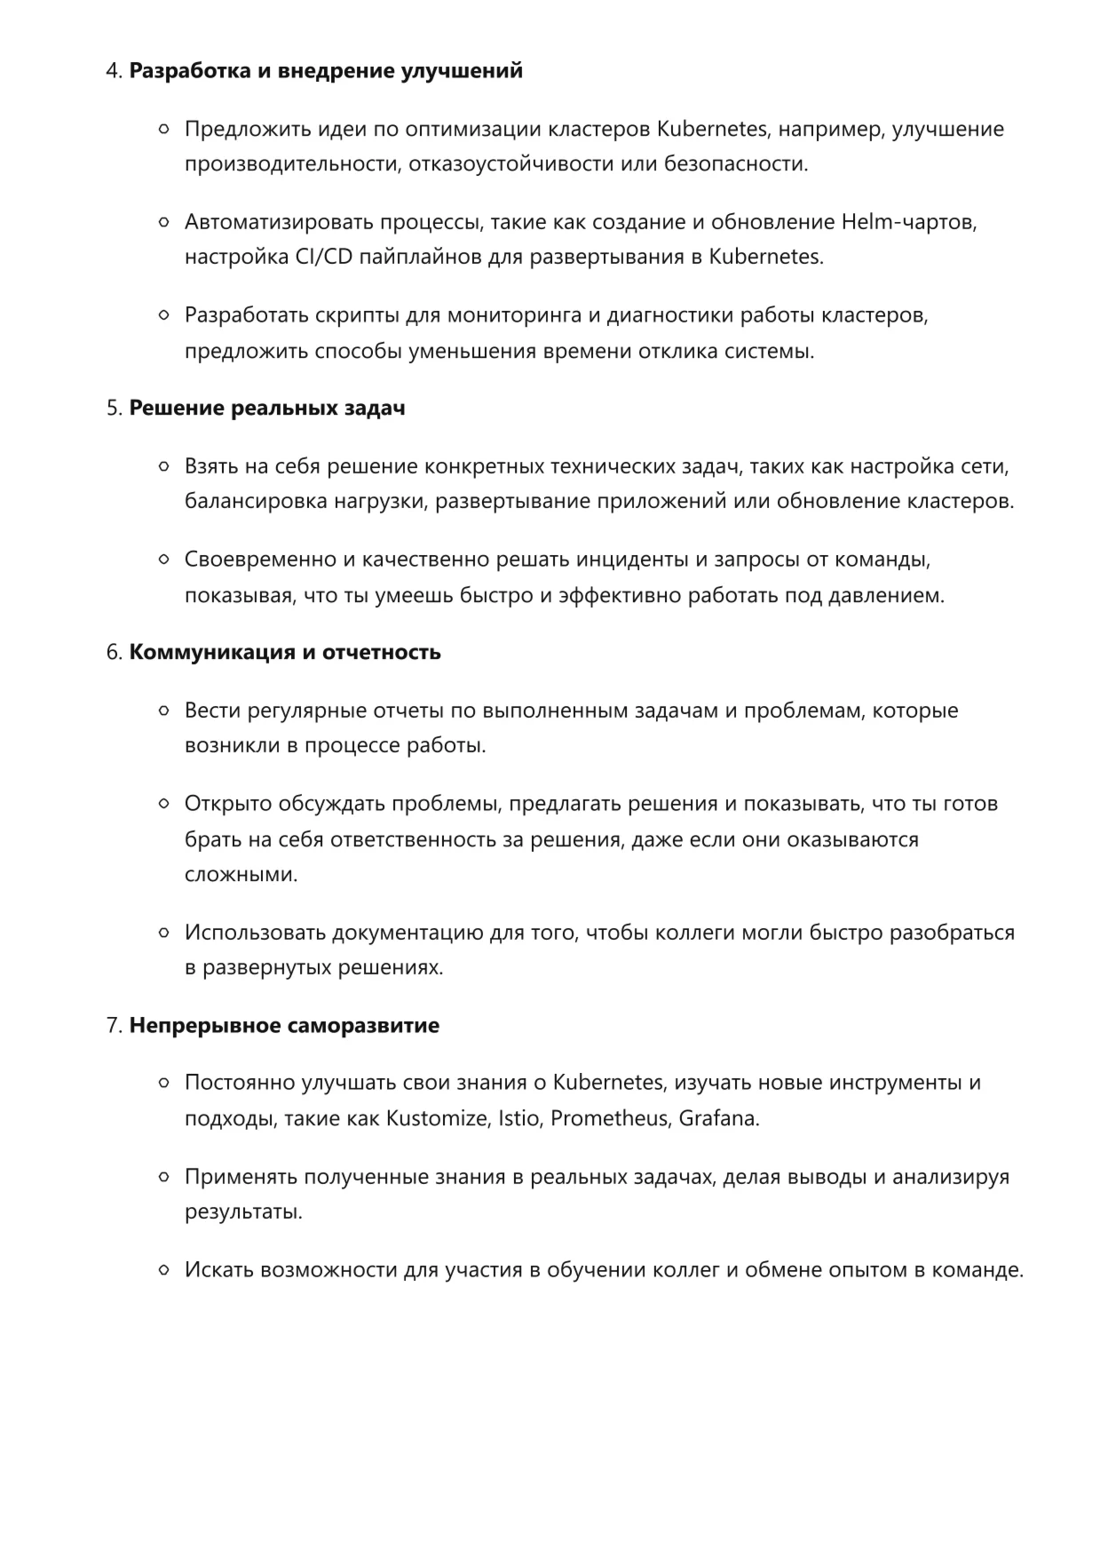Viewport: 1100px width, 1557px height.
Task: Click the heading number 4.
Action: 114,71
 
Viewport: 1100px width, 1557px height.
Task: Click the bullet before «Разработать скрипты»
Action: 163,314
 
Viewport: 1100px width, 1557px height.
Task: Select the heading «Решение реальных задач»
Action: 267,409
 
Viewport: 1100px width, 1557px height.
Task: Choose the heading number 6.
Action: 114,653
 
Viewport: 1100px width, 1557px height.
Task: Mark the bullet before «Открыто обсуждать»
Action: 163,804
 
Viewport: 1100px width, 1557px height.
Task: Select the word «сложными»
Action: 241,875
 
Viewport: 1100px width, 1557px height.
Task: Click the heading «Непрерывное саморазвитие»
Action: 284,1026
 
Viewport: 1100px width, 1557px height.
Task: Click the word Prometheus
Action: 609,1118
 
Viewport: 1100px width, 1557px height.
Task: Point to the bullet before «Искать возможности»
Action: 163,1270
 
